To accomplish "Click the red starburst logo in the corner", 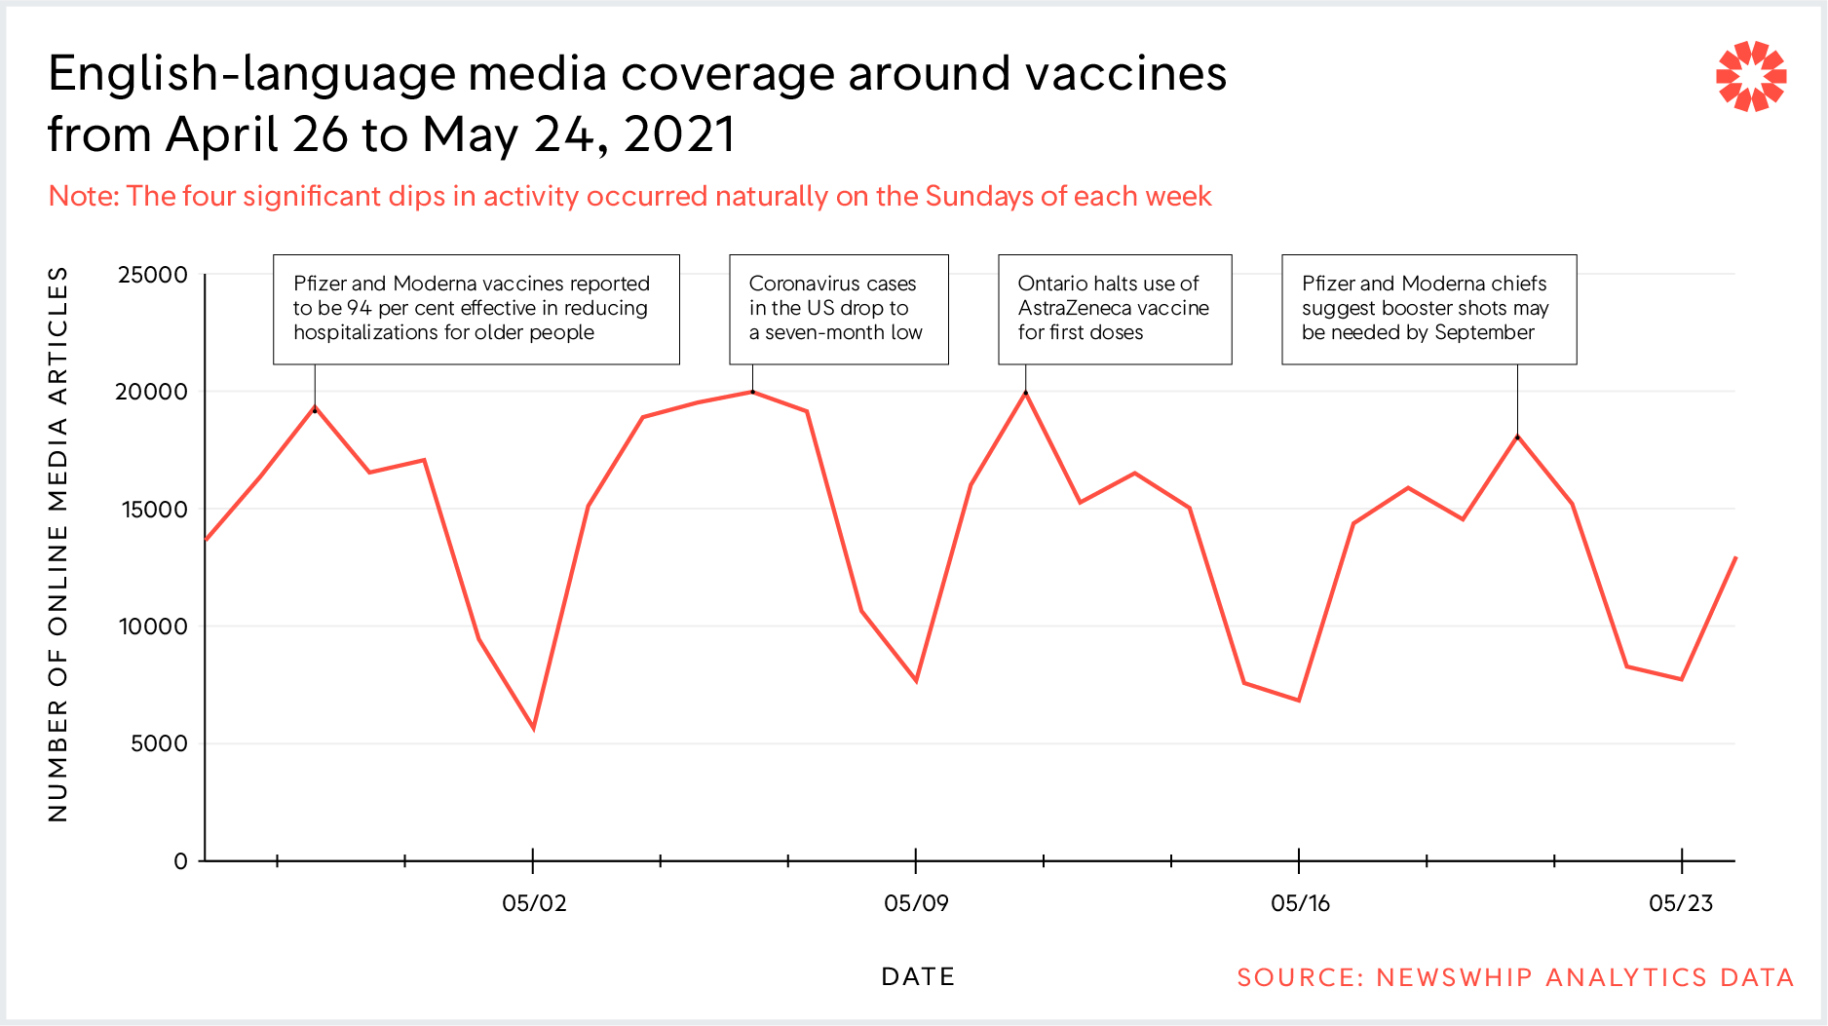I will click(x=1750, y=76).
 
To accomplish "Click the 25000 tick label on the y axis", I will click(x=152, y=275).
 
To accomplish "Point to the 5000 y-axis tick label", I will click(x=159, y=743).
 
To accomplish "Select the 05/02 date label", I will click(x=534, y=903).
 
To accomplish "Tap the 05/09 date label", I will click(x=916, y=903).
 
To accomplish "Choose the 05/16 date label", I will click(x=1300, y=903).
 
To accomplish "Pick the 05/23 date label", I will click(x=1681, y=903).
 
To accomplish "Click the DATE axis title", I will click(x=918, y=976).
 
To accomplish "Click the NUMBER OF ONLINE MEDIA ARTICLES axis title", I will click(x=58, y=544).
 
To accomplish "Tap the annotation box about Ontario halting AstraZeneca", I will click(x=1115, y=309).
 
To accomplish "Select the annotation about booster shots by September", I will click(x=1428, y=309).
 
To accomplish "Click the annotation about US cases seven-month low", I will click(x=838, y=309).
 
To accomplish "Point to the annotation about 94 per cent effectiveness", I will click(x=476, y=309).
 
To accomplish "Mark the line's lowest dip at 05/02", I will click(x=534, y=728).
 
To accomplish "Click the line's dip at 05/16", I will click(x=1299, y=700).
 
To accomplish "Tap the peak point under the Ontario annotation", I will click(x=1025, y=393).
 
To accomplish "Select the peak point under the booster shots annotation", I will click(x=1517, y=437).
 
